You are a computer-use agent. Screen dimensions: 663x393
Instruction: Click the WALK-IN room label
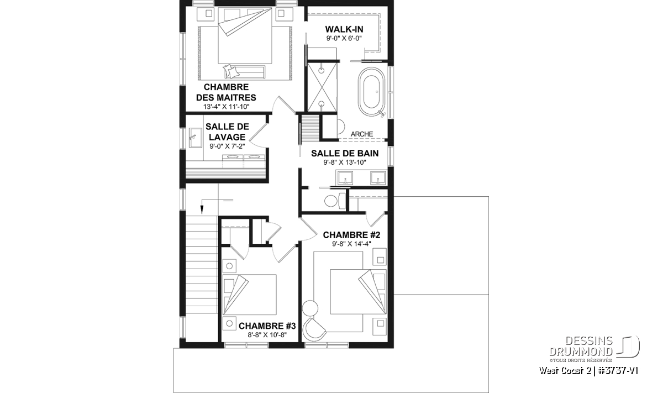(344, 29)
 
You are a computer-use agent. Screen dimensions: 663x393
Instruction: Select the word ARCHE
(362, 134)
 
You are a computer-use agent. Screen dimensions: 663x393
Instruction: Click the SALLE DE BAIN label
(345, 154)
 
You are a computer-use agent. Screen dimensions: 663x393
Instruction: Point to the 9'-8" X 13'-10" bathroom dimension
(345, 163)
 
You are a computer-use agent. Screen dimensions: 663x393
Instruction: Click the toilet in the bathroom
(334, 201)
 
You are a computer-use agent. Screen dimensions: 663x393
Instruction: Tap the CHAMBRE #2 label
(351, 235)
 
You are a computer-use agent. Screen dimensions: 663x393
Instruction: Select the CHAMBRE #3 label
(267, 326)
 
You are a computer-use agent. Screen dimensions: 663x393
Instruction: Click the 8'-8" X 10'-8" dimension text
(267, 335)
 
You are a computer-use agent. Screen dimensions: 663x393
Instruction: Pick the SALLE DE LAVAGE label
(227, 132)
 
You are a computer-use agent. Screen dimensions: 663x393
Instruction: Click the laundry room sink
(196, 138)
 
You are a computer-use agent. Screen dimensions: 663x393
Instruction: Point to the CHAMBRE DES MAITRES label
(226, 92)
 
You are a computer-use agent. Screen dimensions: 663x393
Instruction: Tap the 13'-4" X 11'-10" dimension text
(227, 107)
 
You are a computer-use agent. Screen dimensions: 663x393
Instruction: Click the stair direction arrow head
(202, 209)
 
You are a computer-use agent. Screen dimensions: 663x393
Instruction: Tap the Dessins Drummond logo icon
(628, 346)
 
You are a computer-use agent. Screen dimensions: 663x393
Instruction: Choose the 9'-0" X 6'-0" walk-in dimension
(344, 38)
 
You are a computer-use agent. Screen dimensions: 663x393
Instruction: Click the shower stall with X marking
(322, 87)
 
